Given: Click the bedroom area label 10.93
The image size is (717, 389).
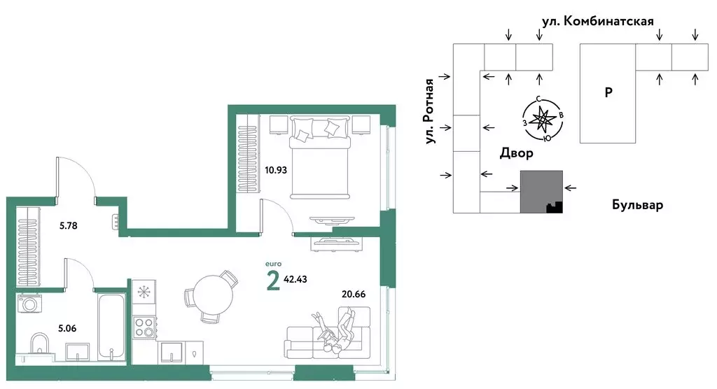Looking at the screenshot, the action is click(276, 170).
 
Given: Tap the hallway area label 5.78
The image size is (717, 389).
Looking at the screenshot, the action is click(69, 225).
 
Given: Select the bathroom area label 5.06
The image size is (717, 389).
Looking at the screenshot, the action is click(67, 328).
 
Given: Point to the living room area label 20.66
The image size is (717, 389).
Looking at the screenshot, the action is click(354, 294).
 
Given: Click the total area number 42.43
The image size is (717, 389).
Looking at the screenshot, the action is click(295, 279).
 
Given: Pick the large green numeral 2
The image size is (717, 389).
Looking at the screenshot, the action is click(273, 281).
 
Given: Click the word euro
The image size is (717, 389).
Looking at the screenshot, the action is click(274, 264).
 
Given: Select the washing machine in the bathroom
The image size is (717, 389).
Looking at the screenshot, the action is click(29, 304).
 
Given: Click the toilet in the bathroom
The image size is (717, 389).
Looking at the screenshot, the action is click(40, 344).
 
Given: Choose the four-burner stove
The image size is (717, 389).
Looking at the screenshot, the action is click(144, 327).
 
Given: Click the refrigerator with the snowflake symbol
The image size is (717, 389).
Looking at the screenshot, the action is click(144, 292).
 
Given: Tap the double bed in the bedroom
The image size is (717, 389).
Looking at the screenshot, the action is click(320, 157).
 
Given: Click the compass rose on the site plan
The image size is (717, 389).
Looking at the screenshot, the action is click(543, 120).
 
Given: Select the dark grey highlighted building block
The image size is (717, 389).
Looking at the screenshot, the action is click(541, 192).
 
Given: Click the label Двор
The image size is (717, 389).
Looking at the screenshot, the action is click(516, 153).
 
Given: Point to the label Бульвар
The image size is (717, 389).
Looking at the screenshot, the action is click(637, 205).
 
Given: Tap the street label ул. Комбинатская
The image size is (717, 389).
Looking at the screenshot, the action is click(598, 21).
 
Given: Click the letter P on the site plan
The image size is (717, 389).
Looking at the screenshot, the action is click(608, 92).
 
